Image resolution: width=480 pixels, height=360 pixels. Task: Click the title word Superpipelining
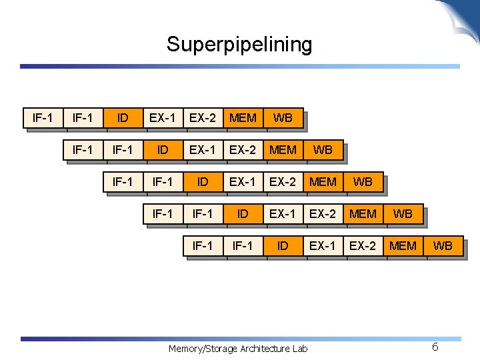pos(239,45)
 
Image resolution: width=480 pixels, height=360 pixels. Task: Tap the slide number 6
pos(435,347)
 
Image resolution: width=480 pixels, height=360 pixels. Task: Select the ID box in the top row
pos(123,118)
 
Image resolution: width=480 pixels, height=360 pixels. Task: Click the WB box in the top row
pos(283,118)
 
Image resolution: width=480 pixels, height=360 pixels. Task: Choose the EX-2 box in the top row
pos(203,118)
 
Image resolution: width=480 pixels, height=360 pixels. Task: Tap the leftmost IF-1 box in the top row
pos(43,118)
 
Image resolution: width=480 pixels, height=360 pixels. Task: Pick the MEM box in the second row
pos(283,150)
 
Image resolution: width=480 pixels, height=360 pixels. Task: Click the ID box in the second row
pos(163,150)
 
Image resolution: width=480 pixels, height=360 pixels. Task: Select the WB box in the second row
pos(323,150)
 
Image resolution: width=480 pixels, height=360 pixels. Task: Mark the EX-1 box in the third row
pos(243,181)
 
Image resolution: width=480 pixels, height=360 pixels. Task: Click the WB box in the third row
pos(363,181)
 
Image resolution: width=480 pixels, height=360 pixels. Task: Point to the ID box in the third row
pos(203,181)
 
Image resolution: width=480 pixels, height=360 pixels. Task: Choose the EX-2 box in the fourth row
pos(323,213)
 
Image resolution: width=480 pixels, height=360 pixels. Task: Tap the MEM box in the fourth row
pos(363,213)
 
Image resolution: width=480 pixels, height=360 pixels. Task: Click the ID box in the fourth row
pos(243,213)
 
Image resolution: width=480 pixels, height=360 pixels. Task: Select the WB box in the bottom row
pos(443,245)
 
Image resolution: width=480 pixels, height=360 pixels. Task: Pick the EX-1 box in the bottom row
pos(323,245)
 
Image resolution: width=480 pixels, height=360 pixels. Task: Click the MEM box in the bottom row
pos(403,245)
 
